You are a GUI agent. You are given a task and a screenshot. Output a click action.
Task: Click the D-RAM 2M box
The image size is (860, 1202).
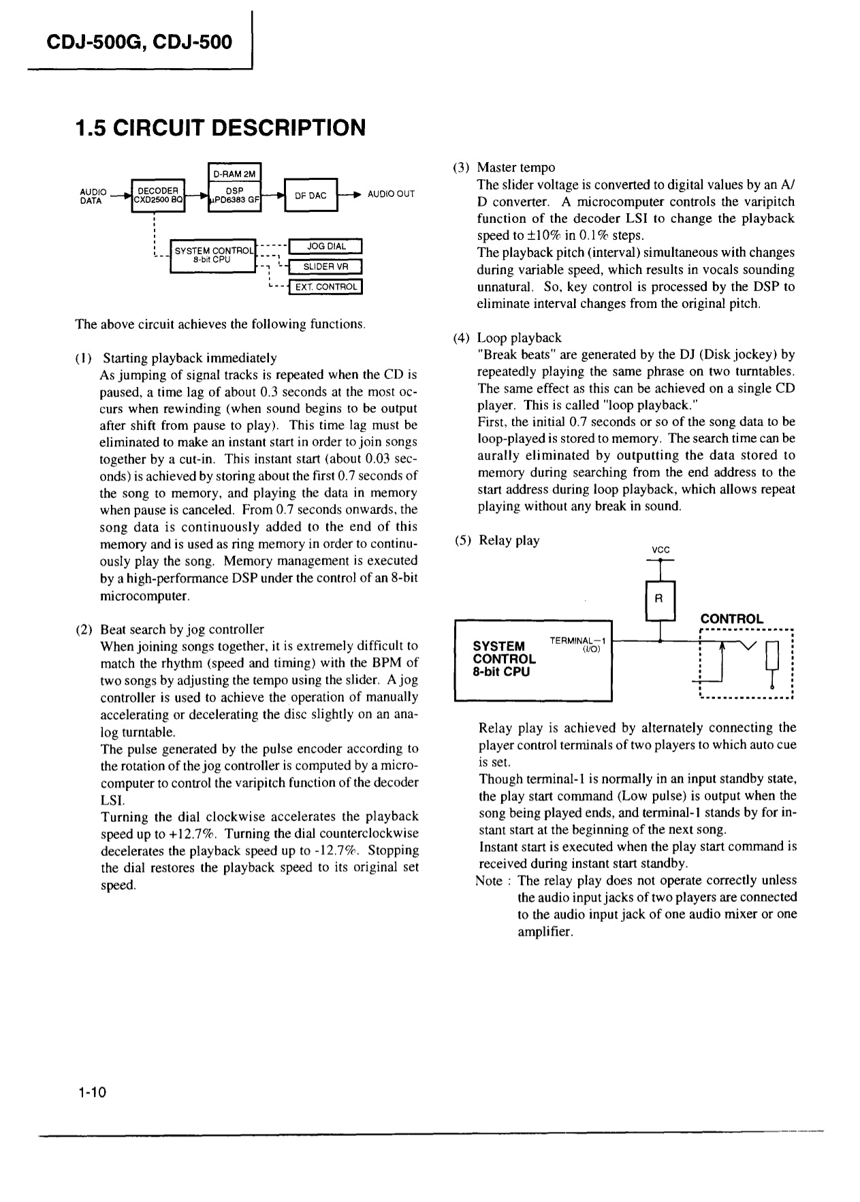pyautogui.click(x=234, y=174)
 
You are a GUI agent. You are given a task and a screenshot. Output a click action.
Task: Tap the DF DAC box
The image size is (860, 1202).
pyautogui.click(x=310, y=196)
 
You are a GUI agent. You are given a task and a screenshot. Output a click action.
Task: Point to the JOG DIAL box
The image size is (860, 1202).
pyautogui.click(x=326, y=247)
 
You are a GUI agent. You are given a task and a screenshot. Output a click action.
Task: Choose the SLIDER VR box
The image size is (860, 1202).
pyautogui.click(x=325, y=267)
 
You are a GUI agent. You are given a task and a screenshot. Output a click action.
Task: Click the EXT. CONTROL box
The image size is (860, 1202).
pyautogui.click(x=326, y=287)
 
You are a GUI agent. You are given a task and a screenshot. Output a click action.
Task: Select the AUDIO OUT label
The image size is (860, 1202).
pyautogui.click(x=391, y=194)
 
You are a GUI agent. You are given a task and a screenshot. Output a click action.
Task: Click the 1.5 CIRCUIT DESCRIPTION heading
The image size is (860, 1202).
pyautogui.click(x=221, y=128)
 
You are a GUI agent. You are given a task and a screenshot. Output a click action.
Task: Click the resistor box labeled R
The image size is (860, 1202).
pyautogui.click(x=658, y=600)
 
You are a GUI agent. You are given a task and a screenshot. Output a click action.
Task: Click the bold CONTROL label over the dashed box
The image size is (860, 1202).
pyautogui.click(x=732, y=619)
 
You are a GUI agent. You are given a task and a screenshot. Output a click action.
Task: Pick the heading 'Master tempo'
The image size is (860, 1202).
pyautogui.click(x=515, y=168)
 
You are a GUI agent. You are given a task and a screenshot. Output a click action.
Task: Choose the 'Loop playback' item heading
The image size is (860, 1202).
pyautogui.click(x=519, y=338)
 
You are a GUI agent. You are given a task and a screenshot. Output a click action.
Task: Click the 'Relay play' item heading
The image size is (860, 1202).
pyautogui.click(x=509, y=540)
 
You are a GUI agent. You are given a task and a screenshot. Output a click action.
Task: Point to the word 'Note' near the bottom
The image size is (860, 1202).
pyautogui.click(x=489, y=881)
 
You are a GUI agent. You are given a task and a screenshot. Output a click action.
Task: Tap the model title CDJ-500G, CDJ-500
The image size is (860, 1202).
pyautogui.click(x=140, y=42)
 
